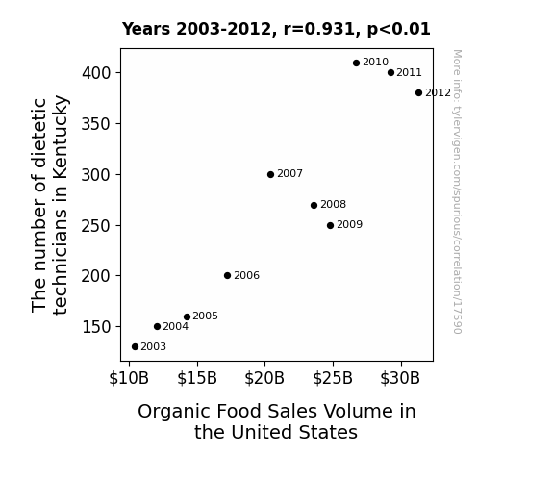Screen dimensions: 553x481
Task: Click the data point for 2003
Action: coord(135,347)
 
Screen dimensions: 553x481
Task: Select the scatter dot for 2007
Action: coord(270,175)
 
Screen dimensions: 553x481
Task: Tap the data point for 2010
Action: coord(356,63)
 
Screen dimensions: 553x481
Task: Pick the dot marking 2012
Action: coord(418,92)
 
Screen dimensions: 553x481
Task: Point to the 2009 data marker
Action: coord(330,225)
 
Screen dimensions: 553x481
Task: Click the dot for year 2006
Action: coord(228,276)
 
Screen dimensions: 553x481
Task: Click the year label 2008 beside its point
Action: coord(334,204)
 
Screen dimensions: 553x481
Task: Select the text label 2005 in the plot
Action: coord(205,316)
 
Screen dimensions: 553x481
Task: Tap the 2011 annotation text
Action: coord(409,72)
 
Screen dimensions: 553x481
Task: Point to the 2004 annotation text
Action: coord(176,326)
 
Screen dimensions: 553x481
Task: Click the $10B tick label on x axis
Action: coord(129,378)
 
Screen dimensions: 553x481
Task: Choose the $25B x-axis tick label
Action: coord(333,378)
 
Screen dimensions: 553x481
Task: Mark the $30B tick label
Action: coord(400,378)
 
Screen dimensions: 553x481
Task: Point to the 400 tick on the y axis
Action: coord(96,73)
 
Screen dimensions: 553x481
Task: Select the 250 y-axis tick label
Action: coord(96,226)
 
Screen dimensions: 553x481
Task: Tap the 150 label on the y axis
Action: coord(96,327)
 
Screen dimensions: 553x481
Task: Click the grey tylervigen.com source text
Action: coord(457,191)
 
